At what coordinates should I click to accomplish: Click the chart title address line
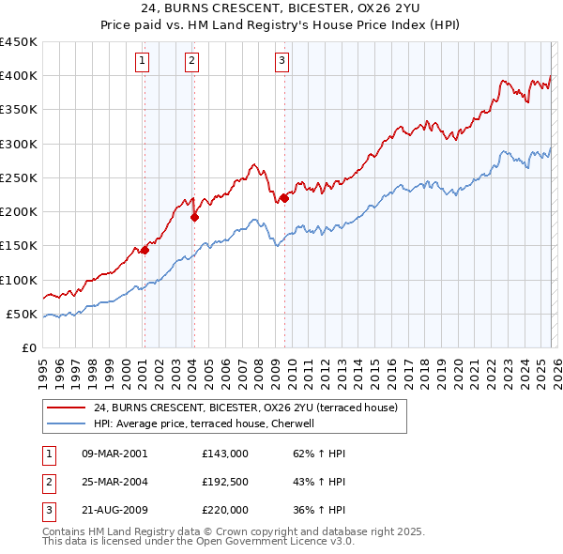click(x=281, y=10)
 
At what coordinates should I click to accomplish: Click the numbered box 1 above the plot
click(x=142, y=62)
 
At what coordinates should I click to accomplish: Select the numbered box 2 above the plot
click(x=191, y=62)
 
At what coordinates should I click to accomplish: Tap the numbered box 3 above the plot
click(x=281, y=62)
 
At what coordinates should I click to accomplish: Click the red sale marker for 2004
click(x=194, y=217)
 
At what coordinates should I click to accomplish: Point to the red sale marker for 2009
click(x=284, y=198)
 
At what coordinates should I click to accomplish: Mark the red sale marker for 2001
click(x=145, y=250)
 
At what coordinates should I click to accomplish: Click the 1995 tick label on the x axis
click(x=43, y=368)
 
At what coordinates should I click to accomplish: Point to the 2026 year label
click(x=556, y=368)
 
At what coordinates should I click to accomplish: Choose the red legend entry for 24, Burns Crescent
click(x=246, y=408)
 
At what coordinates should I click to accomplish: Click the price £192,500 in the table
click(x=225, y=482)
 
